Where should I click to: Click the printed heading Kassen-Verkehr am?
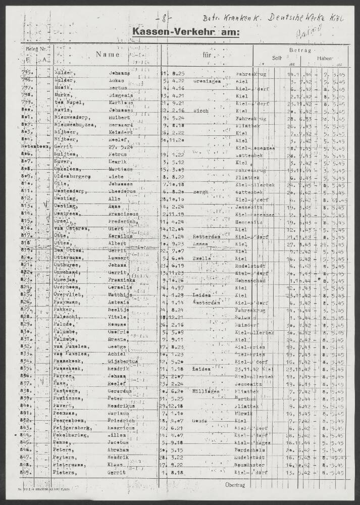186,33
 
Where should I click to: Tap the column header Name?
108,55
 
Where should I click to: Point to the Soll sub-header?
277,59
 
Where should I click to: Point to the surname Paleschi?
66,317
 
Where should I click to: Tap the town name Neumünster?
249,464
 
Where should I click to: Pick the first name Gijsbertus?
123,362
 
